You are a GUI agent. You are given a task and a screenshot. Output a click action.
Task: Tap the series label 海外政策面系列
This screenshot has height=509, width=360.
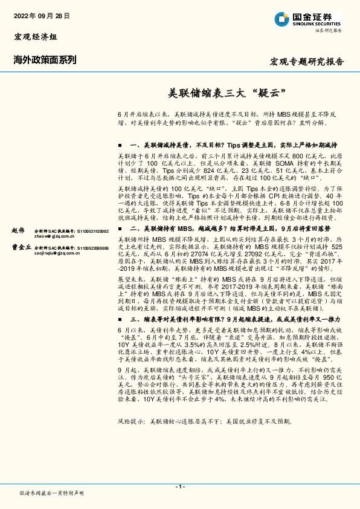tap(45, 59)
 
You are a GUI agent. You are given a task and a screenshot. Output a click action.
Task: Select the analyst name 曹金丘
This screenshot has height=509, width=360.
tap(21, 247)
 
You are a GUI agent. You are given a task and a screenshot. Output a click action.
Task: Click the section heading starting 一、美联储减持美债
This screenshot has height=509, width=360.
tap(230, 145)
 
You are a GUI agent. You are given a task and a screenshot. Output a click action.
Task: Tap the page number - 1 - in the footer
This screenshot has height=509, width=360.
tap(179, 487)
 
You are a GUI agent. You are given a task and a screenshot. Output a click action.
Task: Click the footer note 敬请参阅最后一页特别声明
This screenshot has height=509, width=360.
tap(52, 493)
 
